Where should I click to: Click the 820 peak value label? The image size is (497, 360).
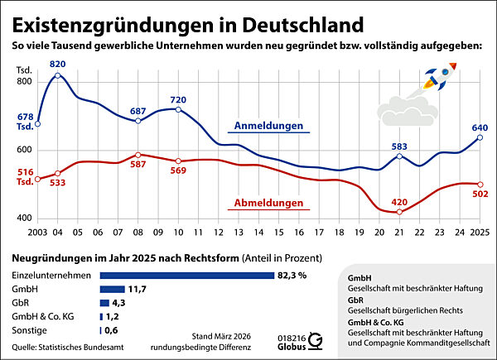[x=57, y=63]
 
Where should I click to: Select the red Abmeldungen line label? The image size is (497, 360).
[x=267, y=203]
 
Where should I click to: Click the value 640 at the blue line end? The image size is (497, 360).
[x=480, y=128]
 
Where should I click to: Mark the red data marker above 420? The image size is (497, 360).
[x=400, y=213]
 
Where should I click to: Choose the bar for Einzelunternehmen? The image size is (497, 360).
[x=186, y=275]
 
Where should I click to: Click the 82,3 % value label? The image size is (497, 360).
[x=292, y=275]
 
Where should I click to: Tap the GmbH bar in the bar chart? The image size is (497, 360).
[x=111, y=289]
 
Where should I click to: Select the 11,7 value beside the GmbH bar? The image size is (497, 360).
[x=137, y=289]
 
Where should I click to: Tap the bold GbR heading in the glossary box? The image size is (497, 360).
[x=359, y=306]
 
